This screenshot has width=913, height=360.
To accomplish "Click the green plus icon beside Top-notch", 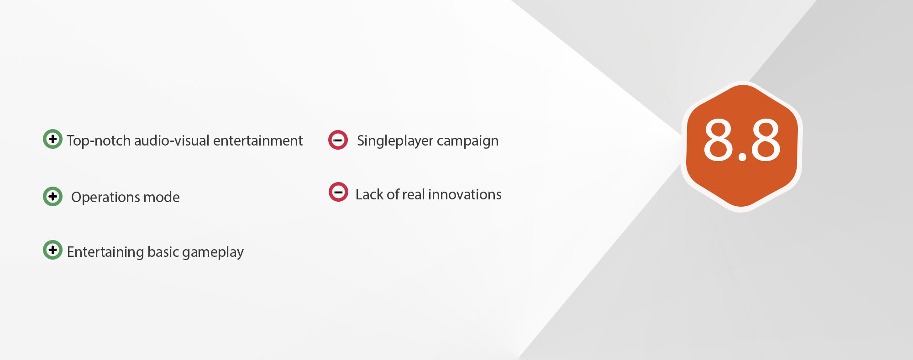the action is [52, 139].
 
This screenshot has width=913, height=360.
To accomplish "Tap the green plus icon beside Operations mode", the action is [52, 196].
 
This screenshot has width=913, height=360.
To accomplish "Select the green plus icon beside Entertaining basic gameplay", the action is [52, 250].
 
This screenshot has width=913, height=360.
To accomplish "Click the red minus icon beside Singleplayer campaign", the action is [338, 140].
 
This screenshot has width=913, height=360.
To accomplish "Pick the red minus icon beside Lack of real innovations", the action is [338, 192].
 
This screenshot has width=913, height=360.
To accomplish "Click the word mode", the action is [162, 197].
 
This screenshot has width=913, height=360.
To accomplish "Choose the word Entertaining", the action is [105, 252].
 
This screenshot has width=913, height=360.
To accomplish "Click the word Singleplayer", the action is [395, 141].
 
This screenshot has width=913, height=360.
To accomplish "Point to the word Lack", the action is [369, 194].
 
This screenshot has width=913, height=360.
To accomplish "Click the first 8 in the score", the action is [719, 140].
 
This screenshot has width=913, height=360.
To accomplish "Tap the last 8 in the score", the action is [765, 140].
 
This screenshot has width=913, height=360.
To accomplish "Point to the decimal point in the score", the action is [742, 157].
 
